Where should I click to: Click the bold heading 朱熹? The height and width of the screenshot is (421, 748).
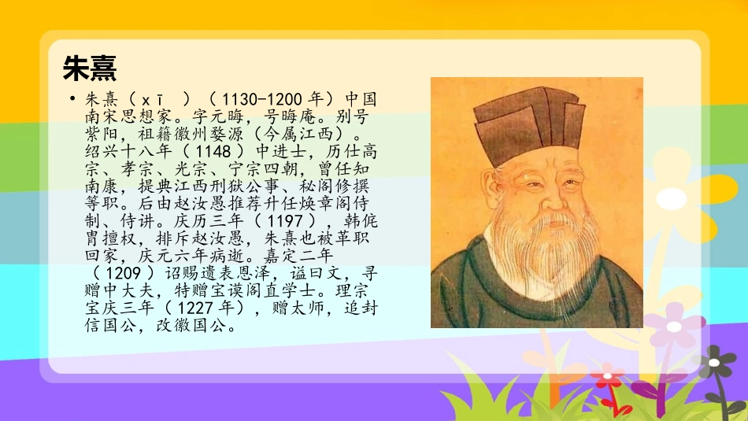90,68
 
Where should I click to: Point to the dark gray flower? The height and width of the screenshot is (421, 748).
717,363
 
